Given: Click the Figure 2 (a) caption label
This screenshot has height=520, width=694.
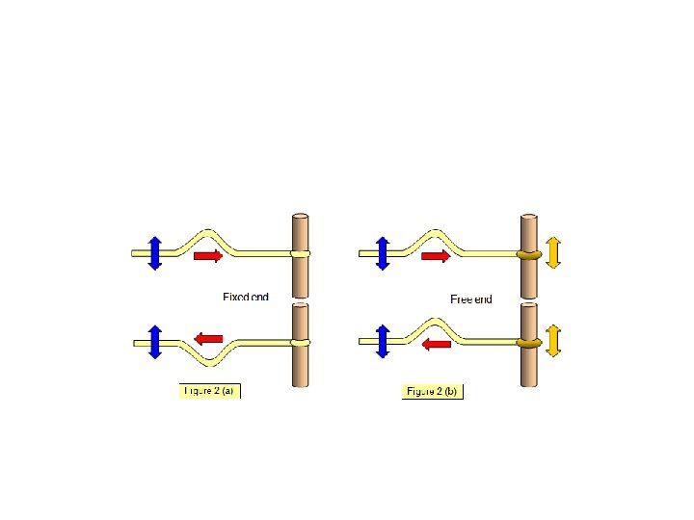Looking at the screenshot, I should pyautogui.click(x=209, y=391).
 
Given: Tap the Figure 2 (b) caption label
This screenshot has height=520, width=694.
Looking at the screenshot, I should pyautogui.click(x=433, y=391).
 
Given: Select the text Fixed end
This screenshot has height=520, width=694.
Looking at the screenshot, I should pyautogui.click(x=245, y=298).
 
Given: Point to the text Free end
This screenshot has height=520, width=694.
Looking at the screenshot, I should pyautogui.click(x=471, y=299).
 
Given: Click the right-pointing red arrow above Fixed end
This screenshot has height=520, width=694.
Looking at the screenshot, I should pyautogui.click(x=208, y=255).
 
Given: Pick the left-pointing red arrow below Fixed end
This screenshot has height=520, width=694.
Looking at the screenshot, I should pyautogui.click(x=209, y=338).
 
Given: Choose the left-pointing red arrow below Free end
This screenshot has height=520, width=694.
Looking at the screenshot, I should pyautogui.click(x=437, y=344).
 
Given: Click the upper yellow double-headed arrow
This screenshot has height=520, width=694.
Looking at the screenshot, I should pyautogui.click(x=553, y=252).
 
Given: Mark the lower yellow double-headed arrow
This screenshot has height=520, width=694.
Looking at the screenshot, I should pyautogui.click(x=553, y=340).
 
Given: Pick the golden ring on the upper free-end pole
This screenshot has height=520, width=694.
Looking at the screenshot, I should pyautogui.click(x=528, y=255).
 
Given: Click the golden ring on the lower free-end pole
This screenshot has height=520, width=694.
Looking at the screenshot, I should pyautogui.click(x=528, y=342).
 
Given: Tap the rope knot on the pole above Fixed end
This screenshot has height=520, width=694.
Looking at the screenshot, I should pyautogui.click(x=300, y=253).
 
